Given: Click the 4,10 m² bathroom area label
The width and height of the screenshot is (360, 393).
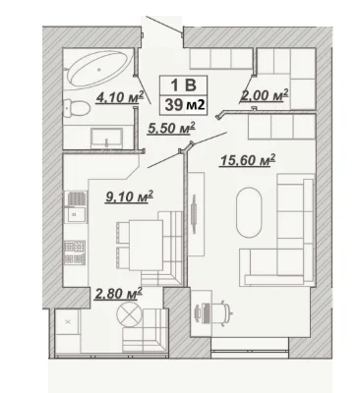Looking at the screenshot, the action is (120, 97).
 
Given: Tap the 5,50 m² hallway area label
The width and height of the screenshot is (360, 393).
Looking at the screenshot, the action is (171, 128).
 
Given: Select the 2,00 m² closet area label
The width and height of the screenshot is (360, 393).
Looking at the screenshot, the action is (265, 95).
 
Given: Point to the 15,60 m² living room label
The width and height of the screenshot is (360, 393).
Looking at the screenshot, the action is (248, 160).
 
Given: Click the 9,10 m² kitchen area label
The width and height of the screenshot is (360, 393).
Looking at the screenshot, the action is (129, 196).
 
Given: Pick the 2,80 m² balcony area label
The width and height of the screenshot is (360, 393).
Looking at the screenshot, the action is (118, 294).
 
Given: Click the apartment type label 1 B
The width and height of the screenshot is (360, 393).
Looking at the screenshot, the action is (183, 85).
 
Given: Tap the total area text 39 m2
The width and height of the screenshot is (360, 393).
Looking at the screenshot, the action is (185, 105).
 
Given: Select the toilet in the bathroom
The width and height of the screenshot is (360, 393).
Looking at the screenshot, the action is (77, 108).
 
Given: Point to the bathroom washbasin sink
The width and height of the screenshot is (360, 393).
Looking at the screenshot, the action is (107, 138).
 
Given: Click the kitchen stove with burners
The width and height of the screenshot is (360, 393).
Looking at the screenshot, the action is (75, 253).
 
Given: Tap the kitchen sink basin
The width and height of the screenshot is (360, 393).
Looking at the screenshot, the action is (76, 214).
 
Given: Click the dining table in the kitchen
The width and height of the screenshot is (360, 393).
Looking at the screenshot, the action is (146, 245).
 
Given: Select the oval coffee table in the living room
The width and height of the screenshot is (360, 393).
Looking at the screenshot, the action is (249, 212).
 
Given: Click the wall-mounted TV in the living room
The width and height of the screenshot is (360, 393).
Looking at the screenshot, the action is (194, 214).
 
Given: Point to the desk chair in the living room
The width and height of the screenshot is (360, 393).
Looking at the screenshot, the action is (223, 312).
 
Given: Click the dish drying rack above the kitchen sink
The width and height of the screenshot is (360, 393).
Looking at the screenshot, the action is (77, 198).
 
